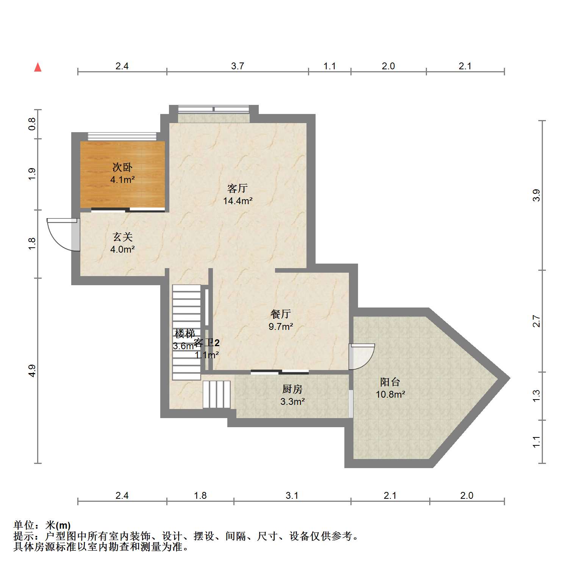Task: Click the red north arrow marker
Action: pyautogui.click(x=38, y=67)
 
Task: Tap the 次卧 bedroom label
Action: pyautogui.click(x=122, y=167)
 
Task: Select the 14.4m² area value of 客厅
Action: pyautogui.click(x=238, y=201)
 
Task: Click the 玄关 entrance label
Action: pyautogui.click(x=122, y=237)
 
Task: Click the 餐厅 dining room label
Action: pyautogui.click(x=280, y=314)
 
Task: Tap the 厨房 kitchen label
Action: pyautogui.click(x=292, y=389)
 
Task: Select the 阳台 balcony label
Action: pyautogui.click(x=390, y=382)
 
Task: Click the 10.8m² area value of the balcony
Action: pyautogui.click(x=390, y=394)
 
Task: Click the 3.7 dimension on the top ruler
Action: pyautogui.click(x=238, y=66)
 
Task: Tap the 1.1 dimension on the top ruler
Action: pyautogui.click(x=330, y=66)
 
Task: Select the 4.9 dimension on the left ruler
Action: pyautogui.click(x=32, y=370)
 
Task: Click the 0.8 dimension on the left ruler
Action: pyautogui.click(x=32, y=124)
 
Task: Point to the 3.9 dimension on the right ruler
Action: pyautogui.click(x=536, y=195)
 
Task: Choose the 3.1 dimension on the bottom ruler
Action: pyautogui.click(x=292, y=495)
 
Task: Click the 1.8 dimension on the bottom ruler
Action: pyautogui.click(x=200, y=495)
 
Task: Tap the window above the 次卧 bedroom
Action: pyautogui.click(x=122, y=136)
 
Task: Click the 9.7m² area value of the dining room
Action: pyautogui.click(x=281, y=326)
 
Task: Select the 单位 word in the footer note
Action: pyautogui.click(x=24, y=525)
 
